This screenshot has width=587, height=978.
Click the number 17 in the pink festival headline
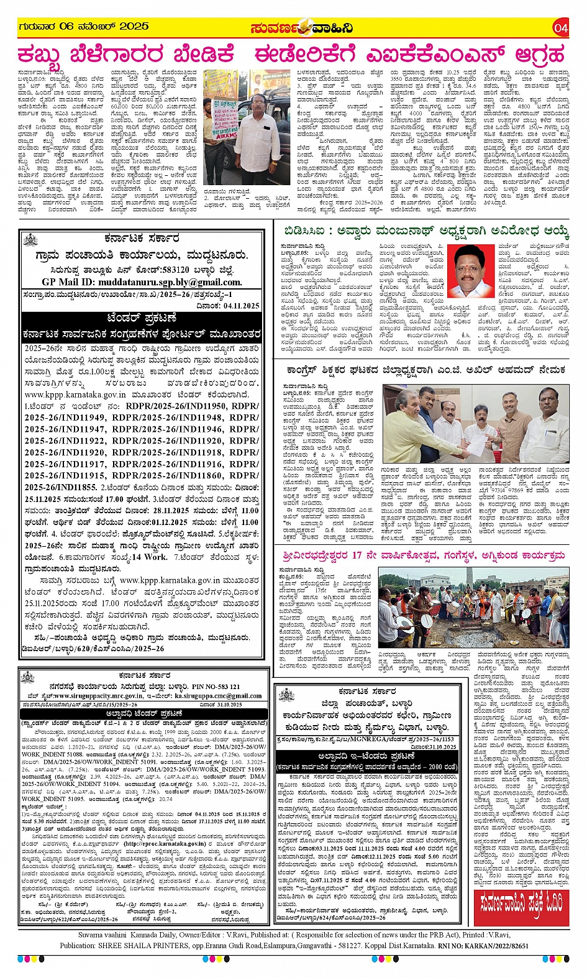click(358, 555)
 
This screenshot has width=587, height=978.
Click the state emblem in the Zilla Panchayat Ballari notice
click(286, 696)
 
